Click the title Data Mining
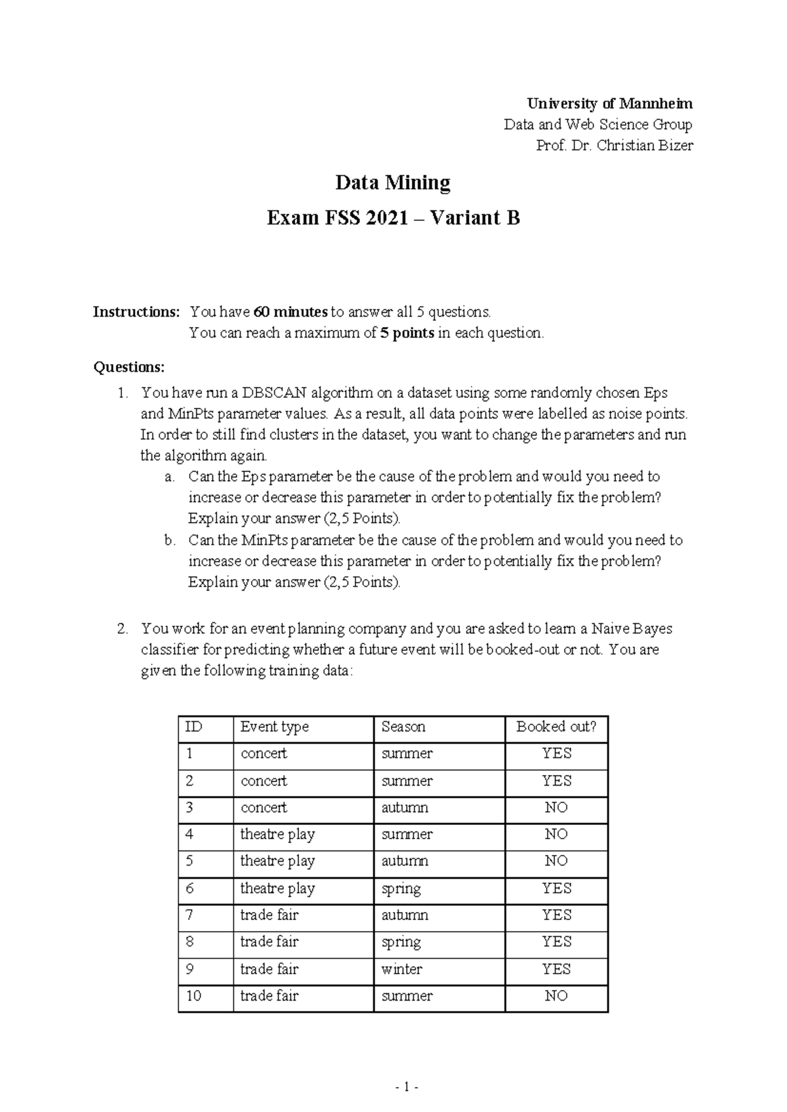point(393,182)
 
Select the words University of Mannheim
point(610,104)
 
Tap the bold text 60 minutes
point(291,311)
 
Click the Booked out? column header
point(556,726)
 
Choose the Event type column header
point(274,726)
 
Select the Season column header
point(403,726)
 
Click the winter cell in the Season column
point(402,969)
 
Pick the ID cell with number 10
point(193,996)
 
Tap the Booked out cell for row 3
point(556,808)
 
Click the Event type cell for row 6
point(277,888)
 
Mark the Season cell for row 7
point(405,915)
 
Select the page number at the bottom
point(407,1087)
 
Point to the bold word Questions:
point(129,367)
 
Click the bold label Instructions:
point(136,311)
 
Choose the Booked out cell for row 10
point(556,996)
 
